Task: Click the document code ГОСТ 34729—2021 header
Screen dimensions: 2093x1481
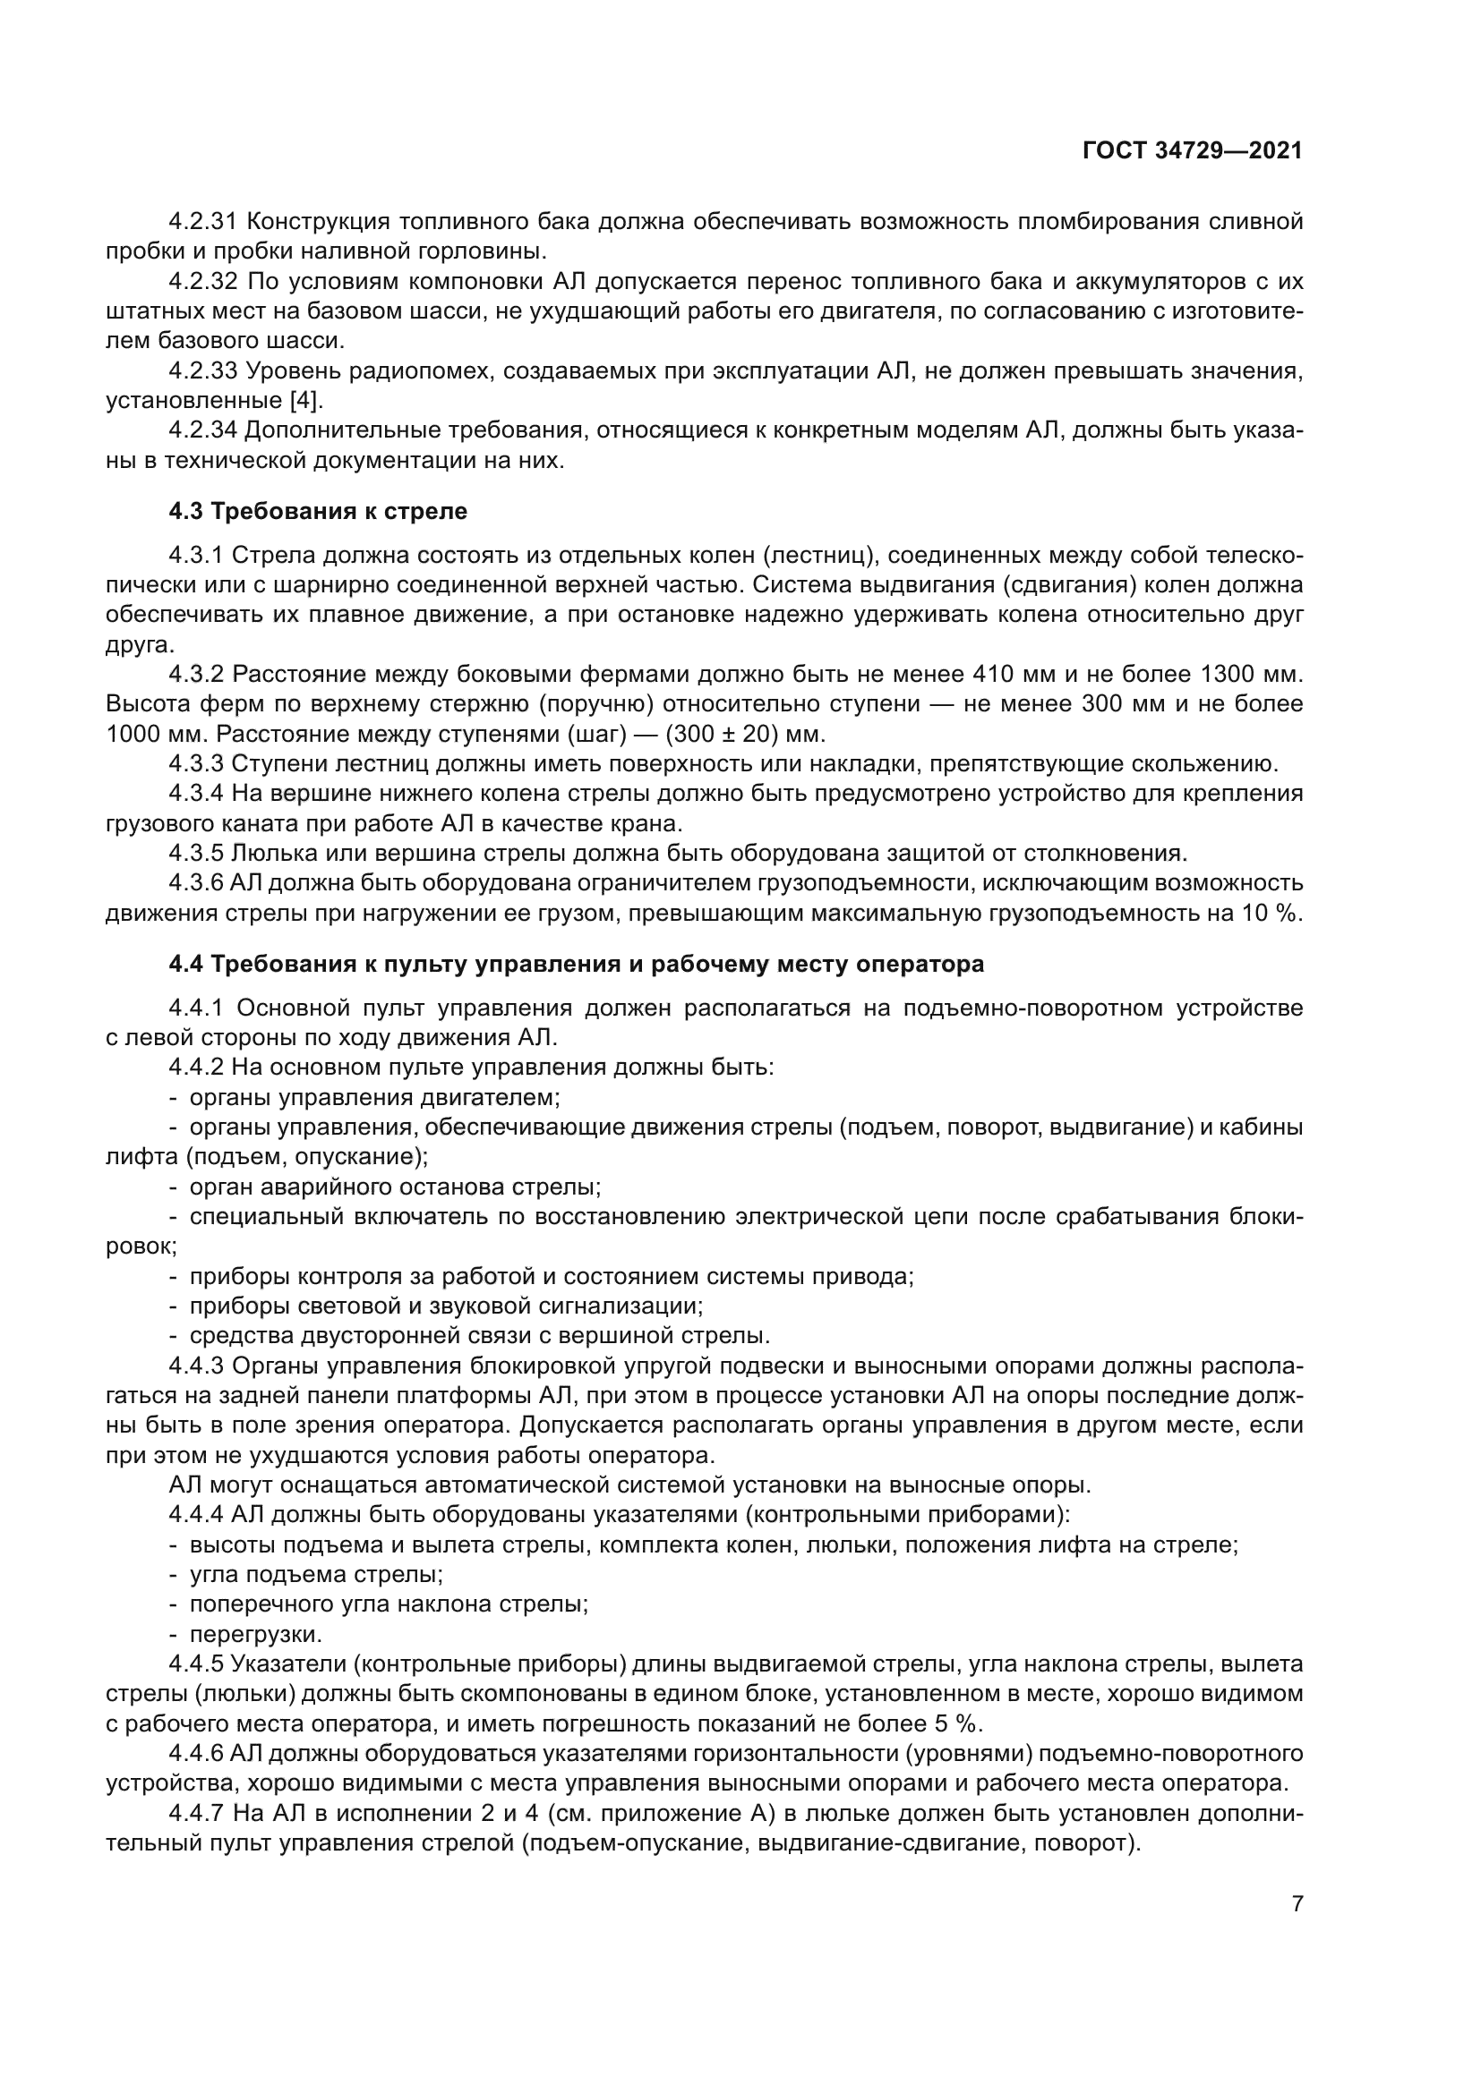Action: tap(1192, 151)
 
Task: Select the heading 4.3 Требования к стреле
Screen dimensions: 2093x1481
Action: tap(317, 512)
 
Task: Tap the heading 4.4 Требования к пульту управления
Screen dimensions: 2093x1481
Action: tap(577, 964)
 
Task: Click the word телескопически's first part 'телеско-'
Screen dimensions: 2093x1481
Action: tap(1254, 555)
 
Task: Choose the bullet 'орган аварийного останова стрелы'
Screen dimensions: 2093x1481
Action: tap(394, 1187)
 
